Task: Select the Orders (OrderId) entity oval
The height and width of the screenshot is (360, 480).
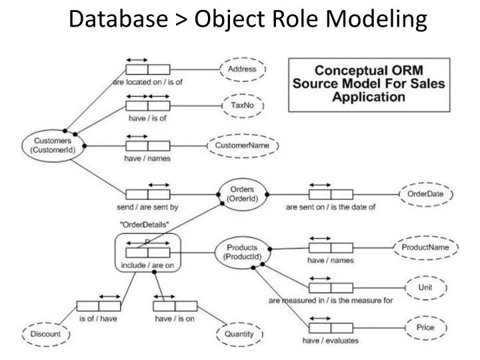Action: tap(238, 193)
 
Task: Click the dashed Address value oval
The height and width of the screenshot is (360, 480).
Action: tap(242, 69)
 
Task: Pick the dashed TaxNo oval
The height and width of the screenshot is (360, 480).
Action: tap(242, 105)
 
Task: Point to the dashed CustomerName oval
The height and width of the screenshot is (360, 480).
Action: tap(243, 145)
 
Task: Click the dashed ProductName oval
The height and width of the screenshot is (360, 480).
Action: tap(425, 247)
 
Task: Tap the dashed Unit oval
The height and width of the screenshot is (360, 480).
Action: tap(425, 287)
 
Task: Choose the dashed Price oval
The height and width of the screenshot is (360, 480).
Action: tap(425, 328)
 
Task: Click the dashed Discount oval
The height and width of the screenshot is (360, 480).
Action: tap(45, 333)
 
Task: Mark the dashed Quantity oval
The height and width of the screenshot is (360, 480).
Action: tap(238, 333)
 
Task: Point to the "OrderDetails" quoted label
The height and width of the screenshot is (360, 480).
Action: tap(145, 224)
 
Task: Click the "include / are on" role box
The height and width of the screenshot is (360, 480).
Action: tap(147, 253)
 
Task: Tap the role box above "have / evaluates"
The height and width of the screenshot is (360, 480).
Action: tap(331, 328)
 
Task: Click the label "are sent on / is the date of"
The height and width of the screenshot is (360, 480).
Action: tap(331, 207)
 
